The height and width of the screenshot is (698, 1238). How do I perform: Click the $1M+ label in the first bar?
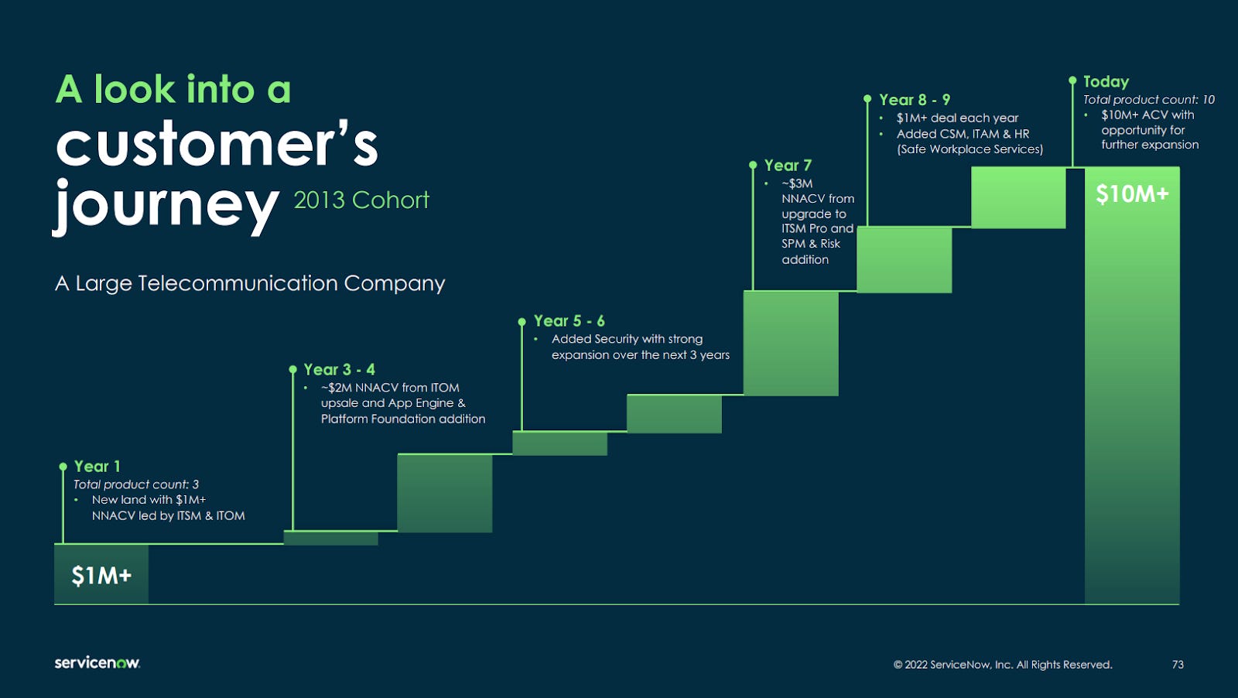pos(101,576)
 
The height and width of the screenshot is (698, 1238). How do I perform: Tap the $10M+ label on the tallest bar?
pos(1132,194)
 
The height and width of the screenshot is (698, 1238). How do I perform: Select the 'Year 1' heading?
pos(97,466)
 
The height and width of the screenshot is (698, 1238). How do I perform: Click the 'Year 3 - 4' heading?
pos(339,369)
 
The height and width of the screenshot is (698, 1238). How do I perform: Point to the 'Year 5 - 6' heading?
pos(569,320)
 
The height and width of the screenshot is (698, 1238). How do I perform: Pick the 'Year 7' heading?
pos(788,165)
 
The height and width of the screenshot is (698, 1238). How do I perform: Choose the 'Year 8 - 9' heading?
pos(915,100)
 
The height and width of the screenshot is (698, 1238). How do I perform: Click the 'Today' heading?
pos(1106,81)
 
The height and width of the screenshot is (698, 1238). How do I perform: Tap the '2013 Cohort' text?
pos(361,200)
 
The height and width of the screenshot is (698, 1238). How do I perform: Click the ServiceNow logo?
pos(97,662)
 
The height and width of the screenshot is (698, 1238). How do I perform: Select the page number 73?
pos(1178,665)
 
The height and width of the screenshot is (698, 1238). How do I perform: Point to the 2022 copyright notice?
pos(1003,665)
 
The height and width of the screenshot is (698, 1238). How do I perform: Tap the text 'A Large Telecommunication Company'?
pos(250,283)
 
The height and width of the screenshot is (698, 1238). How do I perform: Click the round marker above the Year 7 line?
pos(753,165)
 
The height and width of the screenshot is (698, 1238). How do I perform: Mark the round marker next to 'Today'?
pos(1072,80)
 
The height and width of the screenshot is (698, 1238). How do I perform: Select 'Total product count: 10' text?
pos(1148,99)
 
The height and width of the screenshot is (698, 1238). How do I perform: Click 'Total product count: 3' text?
pos(136,484)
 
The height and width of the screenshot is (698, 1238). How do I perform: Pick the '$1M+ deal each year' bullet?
pos(957,118)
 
